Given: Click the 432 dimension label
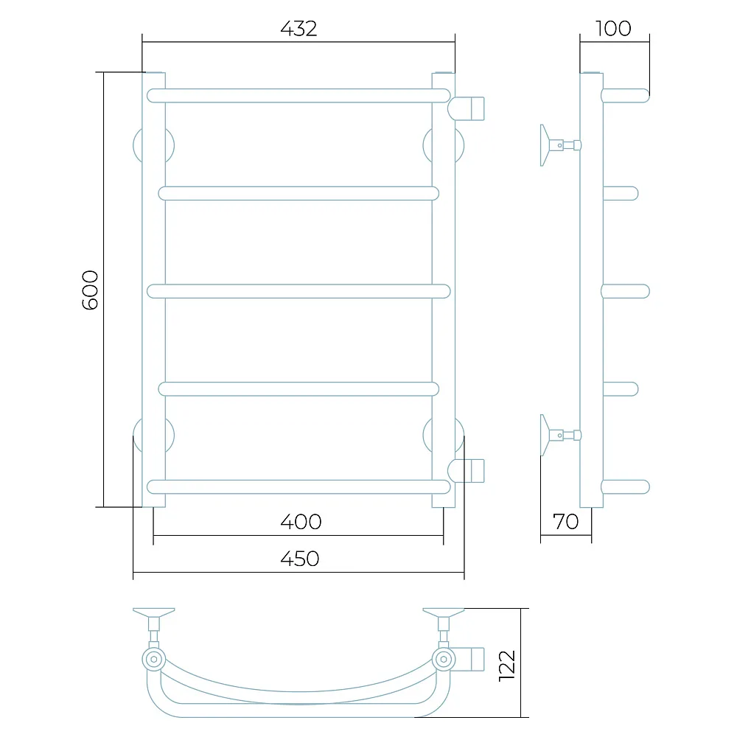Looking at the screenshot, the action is coord(298,29).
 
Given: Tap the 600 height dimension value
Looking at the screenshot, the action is coord(90,290).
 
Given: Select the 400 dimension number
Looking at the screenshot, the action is coord(301,522).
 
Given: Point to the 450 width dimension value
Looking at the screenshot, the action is coord(300,559).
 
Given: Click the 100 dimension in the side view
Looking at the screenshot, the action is coord(613,29).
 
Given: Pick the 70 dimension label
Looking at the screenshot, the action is coord(565,522).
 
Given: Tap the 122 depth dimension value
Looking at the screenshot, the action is coord(507,666).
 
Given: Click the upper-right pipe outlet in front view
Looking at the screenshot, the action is coord(466,108).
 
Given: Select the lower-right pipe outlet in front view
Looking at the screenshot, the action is coord(466,470).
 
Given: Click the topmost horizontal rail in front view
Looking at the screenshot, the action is coord(298,95).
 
